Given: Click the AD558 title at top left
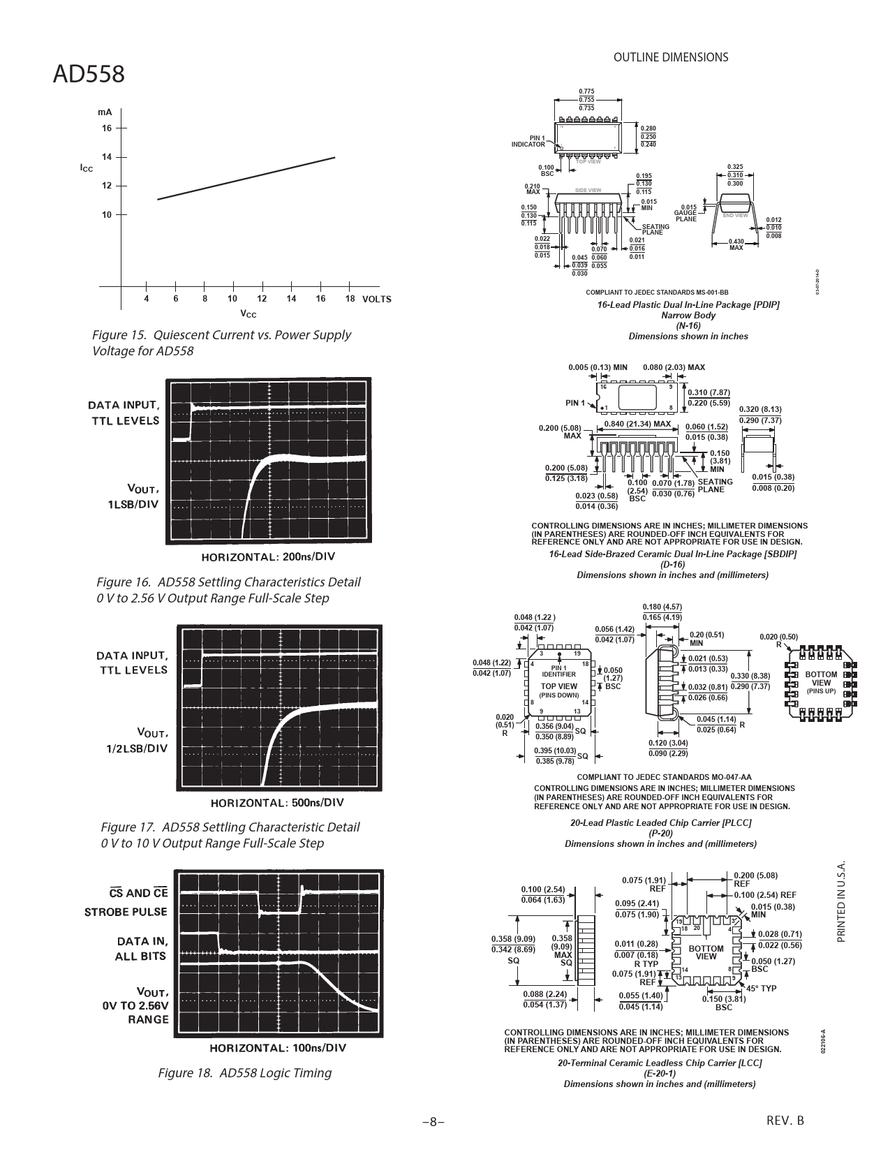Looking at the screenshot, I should [89, 73].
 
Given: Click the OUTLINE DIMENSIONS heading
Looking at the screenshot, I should [670, 57].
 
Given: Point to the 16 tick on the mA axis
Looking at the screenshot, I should [107, 128].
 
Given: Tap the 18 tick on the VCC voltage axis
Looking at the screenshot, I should [350, 299].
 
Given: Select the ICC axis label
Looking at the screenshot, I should [86, 168].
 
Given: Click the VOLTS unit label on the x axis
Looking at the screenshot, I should [377, 300].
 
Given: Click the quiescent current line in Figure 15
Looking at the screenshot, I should [246, 179].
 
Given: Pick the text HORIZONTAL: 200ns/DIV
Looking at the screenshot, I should [269, 556].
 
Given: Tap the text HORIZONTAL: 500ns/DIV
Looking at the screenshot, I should [277, 802].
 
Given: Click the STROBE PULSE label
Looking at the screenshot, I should [126, 912].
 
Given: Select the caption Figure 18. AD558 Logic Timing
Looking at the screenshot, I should [244, 1072].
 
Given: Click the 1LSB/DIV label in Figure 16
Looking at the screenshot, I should [133, 504].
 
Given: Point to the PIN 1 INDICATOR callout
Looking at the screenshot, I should [529, 141].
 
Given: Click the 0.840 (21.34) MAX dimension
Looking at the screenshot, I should [637, 424].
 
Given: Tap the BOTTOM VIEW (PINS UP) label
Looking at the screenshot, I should [821, 682].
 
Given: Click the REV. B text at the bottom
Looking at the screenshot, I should [785, 1121].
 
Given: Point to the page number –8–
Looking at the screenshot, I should [433, 1122].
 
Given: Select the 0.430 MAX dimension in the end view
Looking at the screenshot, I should [736, 244].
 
